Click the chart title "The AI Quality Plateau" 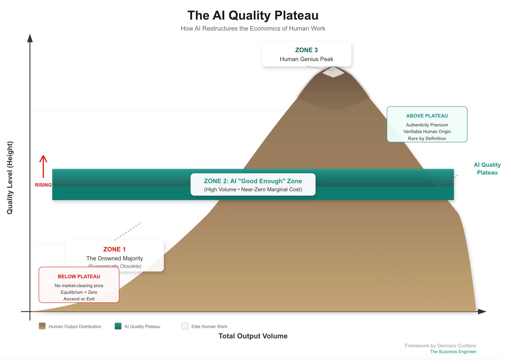[x=253, y=16]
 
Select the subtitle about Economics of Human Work [x=253, y=29]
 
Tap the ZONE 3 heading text [x=306, y=50]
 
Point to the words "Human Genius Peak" [x=306, y=59]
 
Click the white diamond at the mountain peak [x=333, y=72]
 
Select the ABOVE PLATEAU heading [x=427, y=116]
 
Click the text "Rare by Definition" [x=427, y=139]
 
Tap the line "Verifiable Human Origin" [x=427, y=132]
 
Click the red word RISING [x=43, y=185]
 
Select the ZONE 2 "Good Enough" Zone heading [x=253, y=181]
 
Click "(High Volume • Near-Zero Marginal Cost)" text [x=253, y=190]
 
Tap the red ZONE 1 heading [x=114, y=249]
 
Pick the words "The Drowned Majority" [x=114, y=258]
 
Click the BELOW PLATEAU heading [x=79, y=276]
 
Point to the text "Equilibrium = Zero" [x=79, y=292]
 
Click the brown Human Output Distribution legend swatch [x=42, y=326]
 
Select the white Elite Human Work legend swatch [x=185, y=326]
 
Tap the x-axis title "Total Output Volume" [x=253, y=336]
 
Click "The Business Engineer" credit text [x=453, y=352]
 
